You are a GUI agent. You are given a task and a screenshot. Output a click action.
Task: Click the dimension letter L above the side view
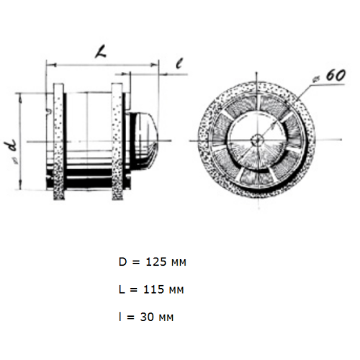(x=101, y=53)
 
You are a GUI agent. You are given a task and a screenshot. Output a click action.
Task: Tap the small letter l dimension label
(x=179, y=63)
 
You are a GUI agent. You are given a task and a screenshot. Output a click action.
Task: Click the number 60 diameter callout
(x=336, y=76)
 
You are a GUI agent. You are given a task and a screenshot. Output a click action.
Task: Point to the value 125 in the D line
(x=156, y=262)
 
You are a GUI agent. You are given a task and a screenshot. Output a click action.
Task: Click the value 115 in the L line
(x=153, y=289)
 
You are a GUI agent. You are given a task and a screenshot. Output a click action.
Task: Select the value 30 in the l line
(x=147, y=317)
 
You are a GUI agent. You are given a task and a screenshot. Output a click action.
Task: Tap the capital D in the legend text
(x=122, y=262)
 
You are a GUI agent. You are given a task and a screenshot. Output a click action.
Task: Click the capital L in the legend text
(x=122, y=289)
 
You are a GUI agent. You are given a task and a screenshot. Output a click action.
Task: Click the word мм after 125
(x=179, y=263)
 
